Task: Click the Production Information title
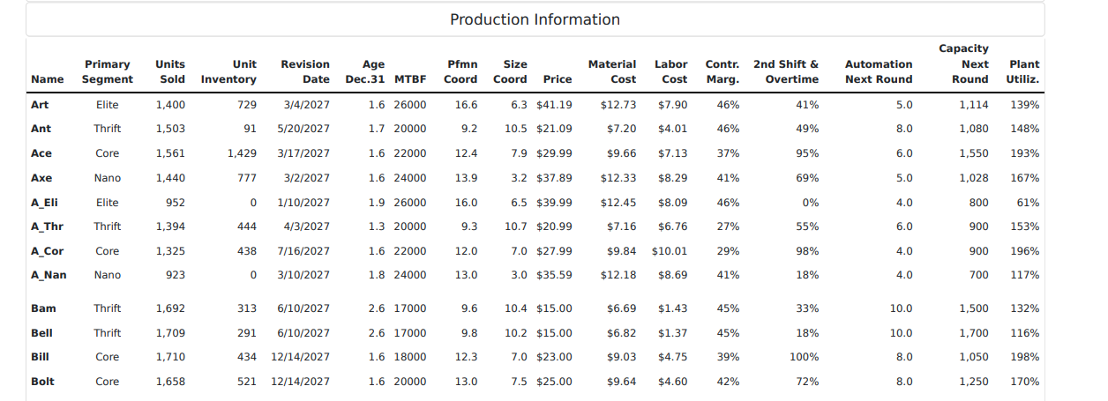point(535,19)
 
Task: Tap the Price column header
point(557,79)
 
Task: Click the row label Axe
point(41,178)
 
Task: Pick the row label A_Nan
point(49,275)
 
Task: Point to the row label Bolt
point(42,382)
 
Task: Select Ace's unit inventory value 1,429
point(242,153)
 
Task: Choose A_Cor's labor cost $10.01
point(670,251)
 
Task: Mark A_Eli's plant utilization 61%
point(1028,203)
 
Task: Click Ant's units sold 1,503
point(169,129)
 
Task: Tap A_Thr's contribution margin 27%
point(728,226)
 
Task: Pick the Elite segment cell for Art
point(108,105)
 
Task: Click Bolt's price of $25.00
point(554,382)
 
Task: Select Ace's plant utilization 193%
point(1024,153)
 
